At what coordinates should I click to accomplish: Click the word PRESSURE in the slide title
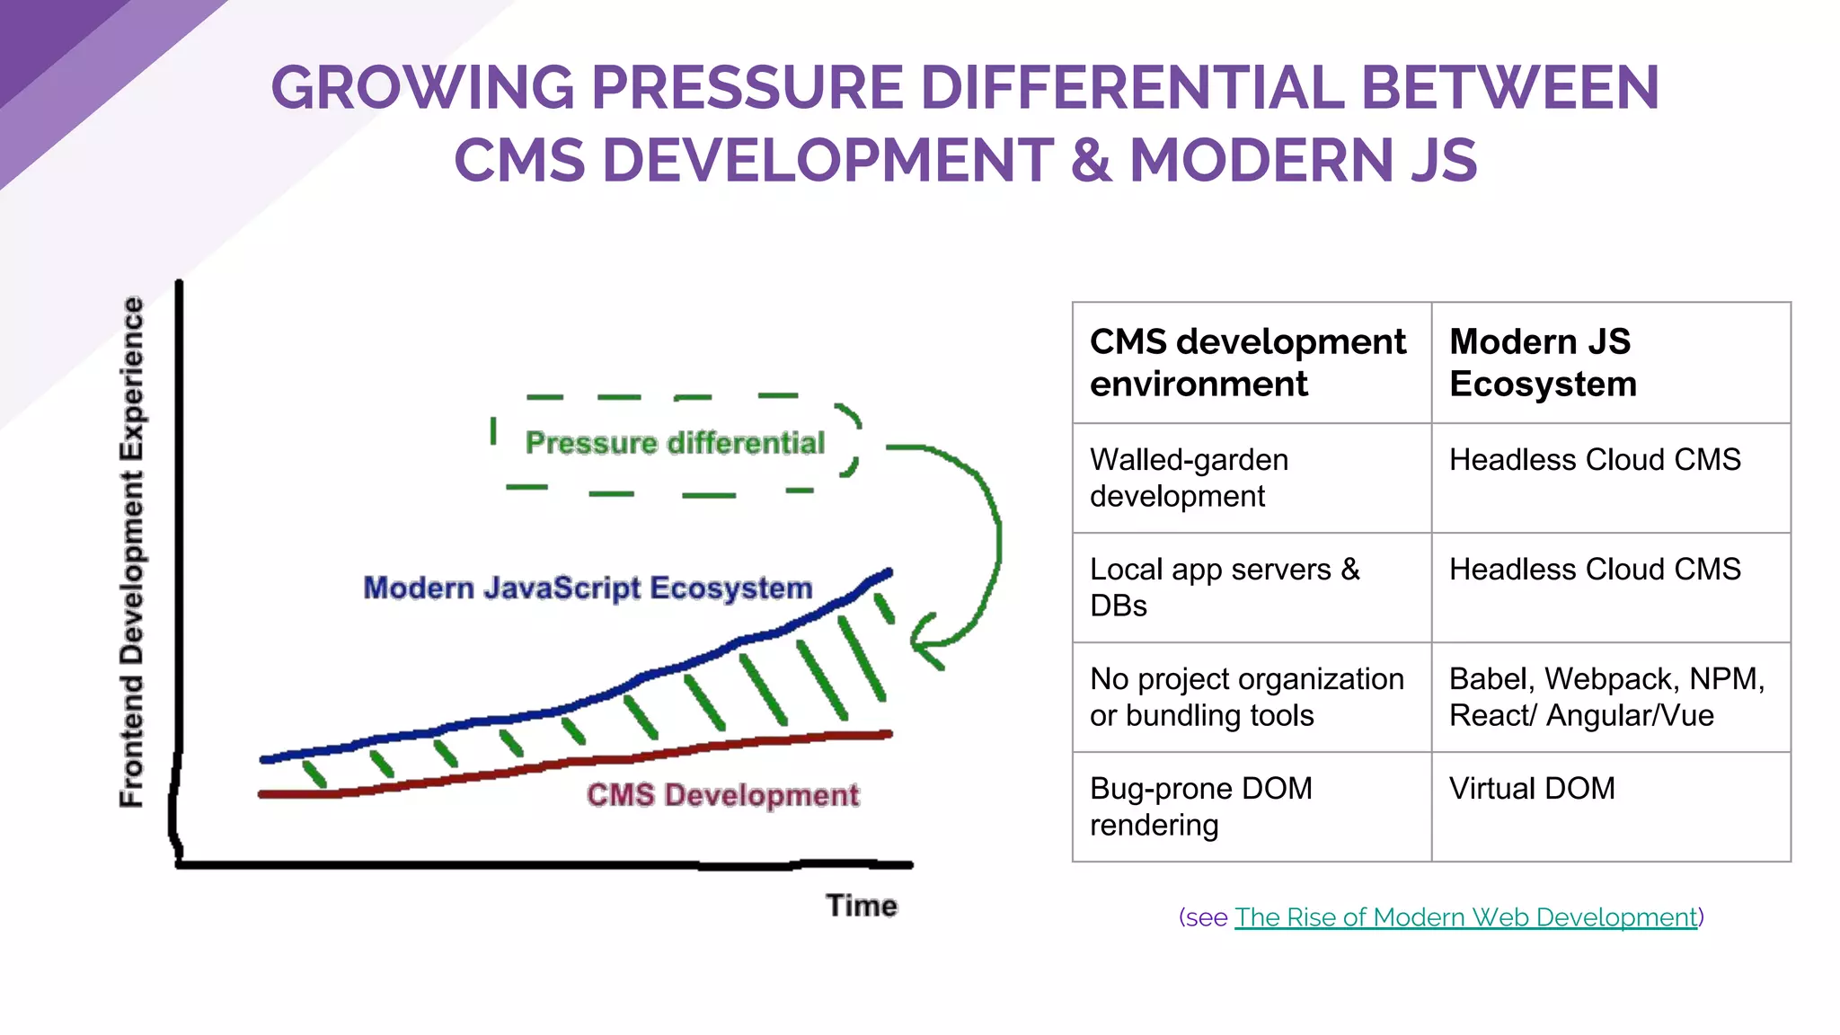pos(747,88)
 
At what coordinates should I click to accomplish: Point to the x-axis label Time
pos(861,905)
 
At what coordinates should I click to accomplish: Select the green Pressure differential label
pos(675,443)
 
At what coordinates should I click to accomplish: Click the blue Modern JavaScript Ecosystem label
pos(588,588)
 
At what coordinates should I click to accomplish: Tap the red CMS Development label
pos(722,795)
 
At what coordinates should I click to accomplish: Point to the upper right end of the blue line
pos(888,572)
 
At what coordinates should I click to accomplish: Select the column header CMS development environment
pos(1247,362)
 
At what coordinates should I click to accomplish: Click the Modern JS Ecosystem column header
pos(1542,362)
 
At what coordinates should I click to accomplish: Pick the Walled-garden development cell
pos(1189,478)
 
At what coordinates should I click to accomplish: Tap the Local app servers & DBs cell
pos(1224,588)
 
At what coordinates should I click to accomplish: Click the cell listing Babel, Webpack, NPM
pos(1606,697)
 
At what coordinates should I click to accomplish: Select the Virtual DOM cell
pos(1532,789)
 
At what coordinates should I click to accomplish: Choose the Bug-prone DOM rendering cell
pos(1200,807)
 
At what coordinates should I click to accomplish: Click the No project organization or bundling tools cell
pos(1246,697)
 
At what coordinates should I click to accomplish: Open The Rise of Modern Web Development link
pos(1465,917)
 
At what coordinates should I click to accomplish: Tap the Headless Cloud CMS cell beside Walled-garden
pos(1595,460)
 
